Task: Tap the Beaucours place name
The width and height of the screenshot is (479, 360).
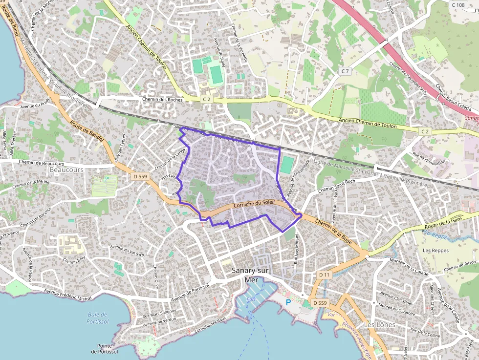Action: pos(66,169)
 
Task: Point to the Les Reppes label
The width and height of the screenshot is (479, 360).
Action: pos(435,251)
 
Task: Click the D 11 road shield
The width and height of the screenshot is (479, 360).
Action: pos(325,275)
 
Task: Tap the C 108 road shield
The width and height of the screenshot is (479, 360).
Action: pos(458,5)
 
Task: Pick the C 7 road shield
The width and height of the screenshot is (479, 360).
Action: pos(346,71)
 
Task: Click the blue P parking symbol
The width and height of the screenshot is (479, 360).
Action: pos(288,302)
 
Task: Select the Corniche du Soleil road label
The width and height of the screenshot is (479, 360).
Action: pos(254,204)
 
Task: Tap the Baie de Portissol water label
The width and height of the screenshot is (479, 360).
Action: pos(98,318)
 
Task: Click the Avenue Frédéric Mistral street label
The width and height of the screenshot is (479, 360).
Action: pos(67,295)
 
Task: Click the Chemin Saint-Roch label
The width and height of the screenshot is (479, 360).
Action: pos(336,184)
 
